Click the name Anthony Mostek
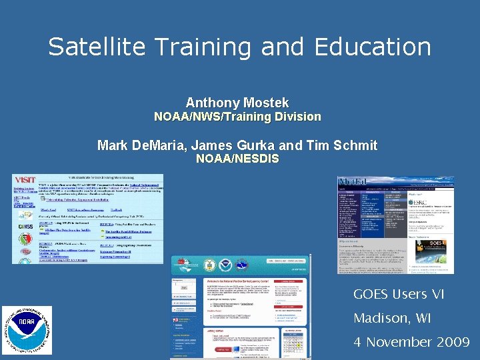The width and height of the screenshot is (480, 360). pyautogui.click(x=237, y=103)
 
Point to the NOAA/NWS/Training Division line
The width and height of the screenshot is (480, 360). pyautogui.click(x=237, y=117)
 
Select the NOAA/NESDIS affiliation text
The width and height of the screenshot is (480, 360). pyautogui.click(x=237, y=159)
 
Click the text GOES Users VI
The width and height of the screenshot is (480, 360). pyautogui.click(x=399, y=294)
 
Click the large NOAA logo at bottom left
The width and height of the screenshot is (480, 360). pyautogui.click(x=27, y=331)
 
